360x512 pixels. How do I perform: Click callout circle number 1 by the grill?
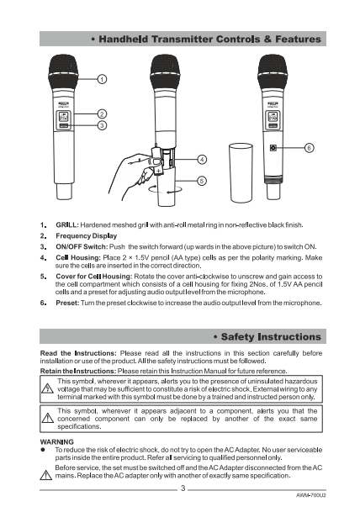(103, 79)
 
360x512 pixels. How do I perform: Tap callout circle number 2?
(103, 114)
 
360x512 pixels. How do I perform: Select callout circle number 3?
(103, 125)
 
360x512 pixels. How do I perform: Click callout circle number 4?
(202, 160)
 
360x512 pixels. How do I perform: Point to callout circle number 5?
(202, 181)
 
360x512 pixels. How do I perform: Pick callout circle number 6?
(309, 148)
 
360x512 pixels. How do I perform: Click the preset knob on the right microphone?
(273, 148)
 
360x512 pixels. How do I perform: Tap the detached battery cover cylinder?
(241, 173)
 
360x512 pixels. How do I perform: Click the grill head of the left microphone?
(63, 72)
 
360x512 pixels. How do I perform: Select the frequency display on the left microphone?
(63, 116)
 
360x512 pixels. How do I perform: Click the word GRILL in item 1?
(66, 225)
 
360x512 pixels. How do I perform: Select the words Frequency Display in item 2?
(87, 235)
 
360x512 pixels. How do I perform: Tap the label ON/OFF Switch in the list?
(82, 246)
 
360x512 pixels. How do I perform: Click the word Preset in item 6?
(67, 303)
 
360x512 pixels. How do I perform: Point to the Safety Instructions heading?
(267, 336)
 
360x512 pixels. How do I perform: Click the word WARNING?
(57, 441)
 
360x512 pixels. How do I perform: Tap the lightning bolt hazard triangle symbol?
(48, 388)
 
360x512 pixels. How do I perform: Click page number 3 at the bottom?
(183, 488)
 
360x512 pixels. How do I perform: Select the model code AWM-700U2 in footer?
(311, 495)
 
